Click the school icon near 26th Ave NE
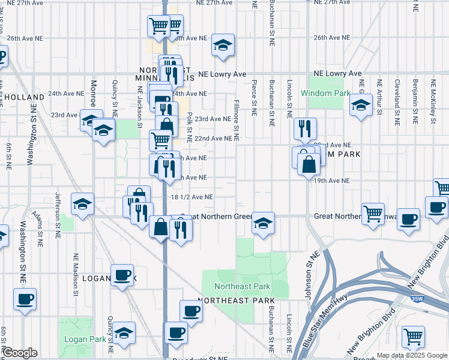223,45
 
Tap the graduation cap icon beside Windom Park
360,105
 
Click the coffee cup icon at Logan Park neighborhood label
122,275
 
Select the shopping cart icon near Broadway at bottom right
414,337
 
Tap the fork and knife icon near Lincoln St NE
305,128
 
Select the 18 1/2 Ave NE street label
192,197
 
